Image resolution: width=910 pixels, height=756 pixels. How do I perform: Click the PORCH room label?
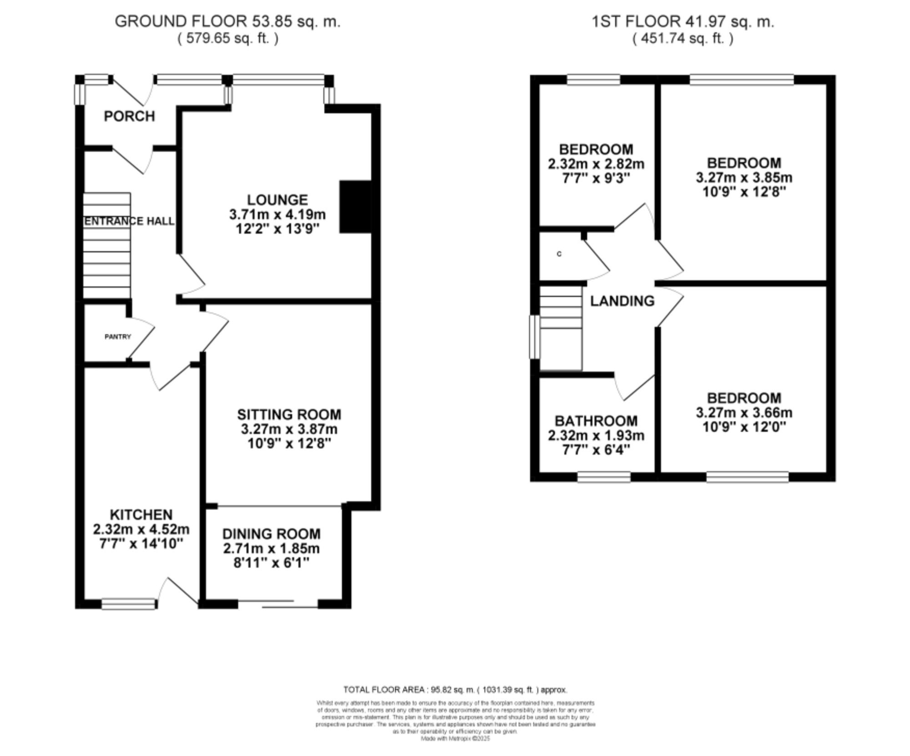click(x=129, y=116)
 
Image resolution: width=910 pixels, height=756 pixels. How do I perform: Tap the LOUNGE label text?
click(x=277, y=200)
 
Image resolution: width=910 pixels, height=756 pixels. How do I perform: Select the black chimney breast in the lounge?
click(x=355, y=207)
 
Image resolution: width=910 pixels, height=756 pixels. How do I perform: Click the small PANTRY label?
click(x=117, y=337)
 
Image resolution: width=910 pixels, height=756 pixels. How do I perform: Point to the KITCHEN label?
click(x=141, y=515)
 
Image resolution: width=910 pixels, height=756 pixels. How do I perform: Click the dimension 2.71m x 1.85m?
click(x=271, y=548)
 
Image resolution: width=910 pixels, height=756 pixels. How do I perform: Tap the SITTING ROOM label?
click(x=289, y=415)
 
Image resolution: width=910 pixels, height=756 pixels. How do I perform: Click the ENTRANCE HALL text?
click(x=129, y=221)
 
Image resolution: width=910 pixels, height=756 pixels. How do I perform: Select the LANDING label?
click(x=622, y=301)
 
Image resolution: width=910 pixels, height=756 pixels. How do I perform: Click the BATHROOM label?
click(x=596, y=421)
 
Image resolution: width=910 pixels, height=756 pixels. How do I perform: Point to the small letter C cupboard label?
click(x=559, y=254)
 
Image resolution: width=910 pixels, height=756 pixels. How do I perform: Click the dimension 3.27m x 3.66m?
click(x=744, y=413)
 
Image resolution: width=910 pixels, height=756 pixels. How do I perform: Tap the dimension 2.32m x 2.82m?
click(x=596, y=164)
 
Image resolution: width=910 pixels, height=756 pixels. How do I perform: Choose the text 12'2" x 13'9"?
click(x=277, y=229)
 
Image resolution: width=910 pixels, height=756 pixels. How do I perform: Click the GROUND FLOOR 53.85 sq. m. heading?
click(x=227, y=21)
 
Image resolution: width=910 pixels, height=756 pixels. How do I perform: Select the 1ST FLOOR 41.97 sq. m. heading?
click(x=682, y=21)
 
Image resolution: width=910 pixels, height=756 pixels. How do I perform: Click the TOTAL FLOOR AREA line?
click(x=455, y=690)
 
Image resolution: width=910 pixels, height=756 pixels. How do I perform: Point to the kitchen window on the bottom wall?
click(x=128, y=604)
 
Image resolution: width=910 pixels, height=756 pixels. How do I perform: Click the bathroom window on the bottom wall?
click(x=604, y=476)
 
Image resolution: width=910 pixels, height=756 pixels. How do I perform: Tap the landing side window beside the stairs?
click(x=534, y=337)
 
